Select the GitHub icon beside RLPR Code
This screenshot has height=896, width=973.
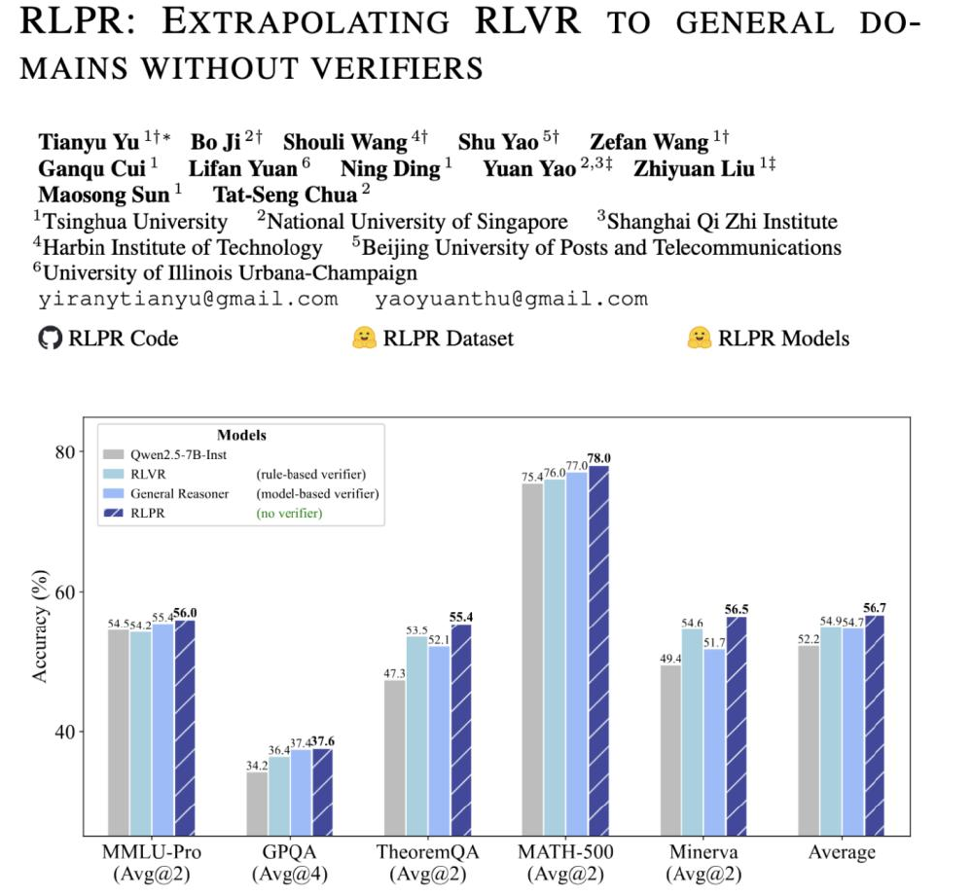pos(49,339)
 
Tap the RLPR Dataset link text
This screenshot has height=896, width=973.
pos(448,339)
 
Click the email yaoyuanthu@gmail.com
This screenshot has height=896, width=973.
pos(511,299)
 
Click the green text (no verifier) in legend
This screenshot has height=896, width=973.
pos(289,513)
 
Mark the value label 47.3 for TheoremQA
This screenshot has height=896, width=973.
pos(395,672)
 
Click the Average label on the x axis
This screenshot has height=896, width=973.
pos(842,852)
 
